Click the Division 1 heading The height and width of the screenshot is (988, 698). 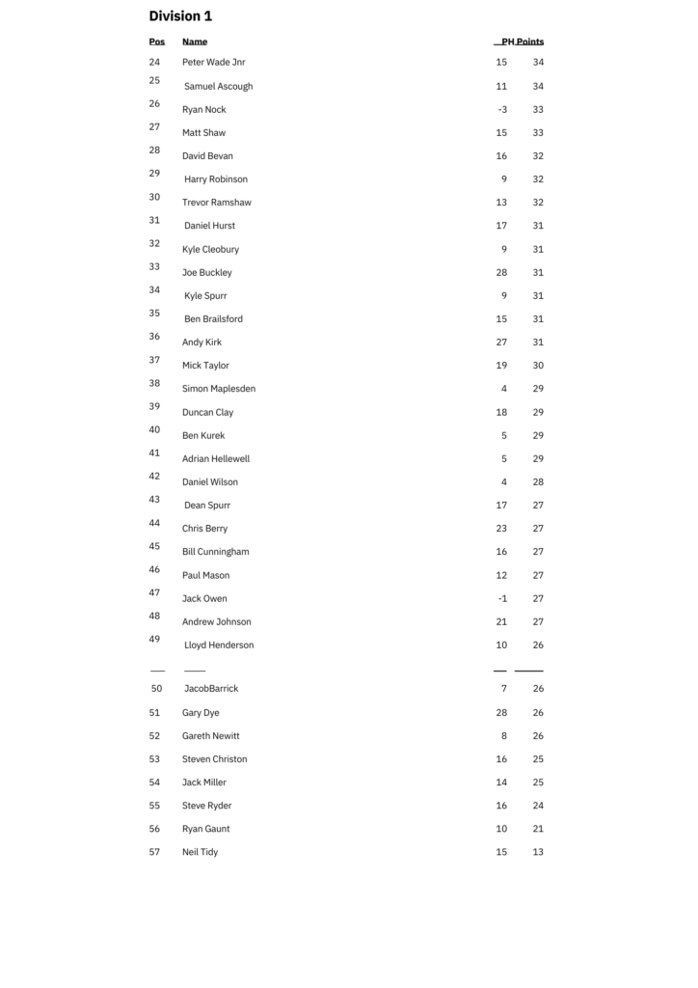(x=180, y=16)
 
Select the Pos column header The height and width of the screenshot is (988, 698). (x=156, y=41)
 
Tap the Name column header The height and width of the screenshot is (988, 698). (x=195, y=41)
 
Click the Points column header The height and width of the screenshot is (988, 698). (x=530, y=41)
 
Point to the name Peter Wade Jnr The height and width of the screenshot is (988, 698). (x=213, y=63)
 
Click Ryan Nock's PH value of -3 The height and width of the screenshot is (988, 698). (x=502, y=109)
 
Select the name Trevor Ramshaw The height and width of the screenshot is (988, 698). (x=216, y=203)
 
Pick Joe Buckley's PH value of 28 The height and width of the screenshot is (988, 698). (x=501, y=272)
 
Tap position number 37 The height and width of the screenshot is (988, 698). (x=154, y=360)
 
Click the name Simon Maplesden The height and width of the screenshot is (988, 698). (x=219, y=389)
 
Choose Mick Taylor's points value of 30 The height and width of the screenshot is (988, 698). (x=538, y=366)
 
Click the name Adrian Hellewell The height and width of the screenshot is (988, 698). (x=216, y=458)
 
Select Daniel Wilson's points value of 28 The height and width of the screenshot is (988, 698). (x=538, y=481)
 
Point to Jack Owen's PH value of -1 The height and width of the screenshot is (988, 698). (x=502, y=598)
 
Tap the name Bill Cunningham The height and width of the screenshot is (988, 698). (x=215, y=552)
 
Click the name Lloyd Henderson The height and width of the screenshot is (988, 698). (x=219, y=645)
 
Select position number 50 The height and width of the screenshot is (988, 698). (x=156, y=689)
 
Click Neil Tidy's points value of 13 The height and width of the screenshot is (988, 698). (x=538, y=852)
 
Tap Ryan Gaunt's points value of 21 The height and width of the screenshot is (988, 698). (x=538, y=829)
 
